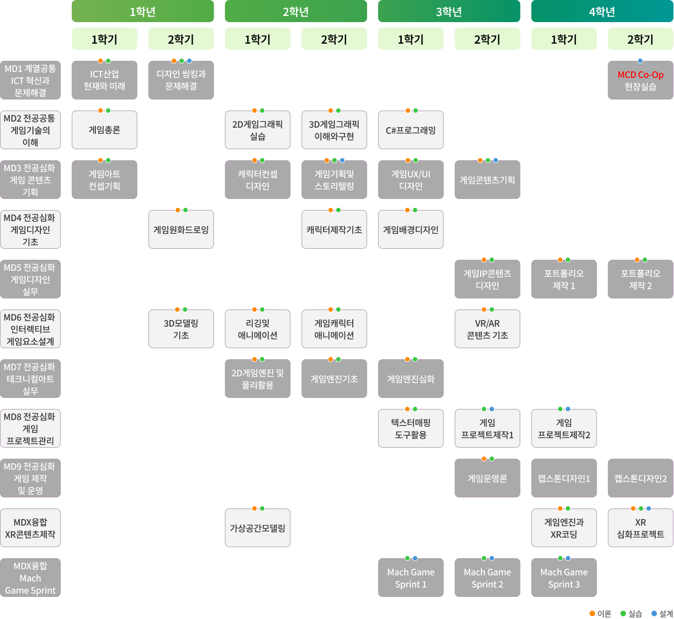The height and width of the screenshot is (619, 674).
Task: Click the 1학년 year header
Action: click(x=142, y=12)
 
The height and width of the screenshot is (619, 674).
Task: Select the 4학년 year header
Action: click(x=602, y=12)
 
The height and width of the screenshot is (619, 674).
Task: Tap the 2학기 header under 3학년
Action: click(x=487, y=39)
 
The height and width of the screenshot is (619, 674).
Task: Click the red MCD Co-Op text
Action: click(x=640, y=75)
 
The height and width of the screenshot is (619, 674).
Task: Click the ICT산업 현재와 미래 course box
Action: click(x=104, y=80)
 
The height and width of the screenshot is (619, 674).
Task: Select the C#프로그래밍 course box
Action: click(x=411, y=130)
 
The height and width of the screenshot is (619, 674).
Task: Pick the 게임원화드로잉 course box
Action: click(x=181, y=229)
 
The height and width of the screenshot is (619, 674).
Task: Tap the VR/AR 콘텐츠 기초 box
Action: click(x=487, y=329)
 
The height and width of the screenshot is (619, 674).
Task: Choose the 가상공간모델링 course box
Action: click(x=257, y=528)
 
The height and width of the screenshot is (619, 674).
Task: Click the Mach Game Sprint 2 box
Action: click(x=487, y=578)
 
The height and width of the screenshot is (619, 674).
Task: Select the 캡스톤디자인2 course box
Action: click(x=640, y=478)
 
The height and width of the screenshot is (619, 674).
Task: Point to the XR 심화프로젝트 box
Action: click(x=640, y=528)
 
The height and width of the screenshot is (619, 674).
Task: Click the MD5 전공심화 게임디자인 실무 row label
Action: click(x=30, y=279)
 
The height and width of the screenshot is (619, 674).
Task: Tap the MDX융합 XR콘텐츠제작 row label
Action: click(x=30, y=528)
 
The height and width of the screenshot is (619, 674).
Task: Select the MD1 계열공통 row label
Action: click(x=30, y=80)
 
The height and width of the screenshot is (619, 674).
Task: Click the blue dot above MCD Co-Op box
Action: click(x=640, y=61)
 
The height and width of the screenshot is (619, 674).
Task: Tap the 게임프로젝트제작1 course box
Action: click(x=487, y=428)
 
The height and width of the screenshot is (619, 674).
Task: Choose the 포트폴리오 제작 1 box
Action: click(x=564, y=279)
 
